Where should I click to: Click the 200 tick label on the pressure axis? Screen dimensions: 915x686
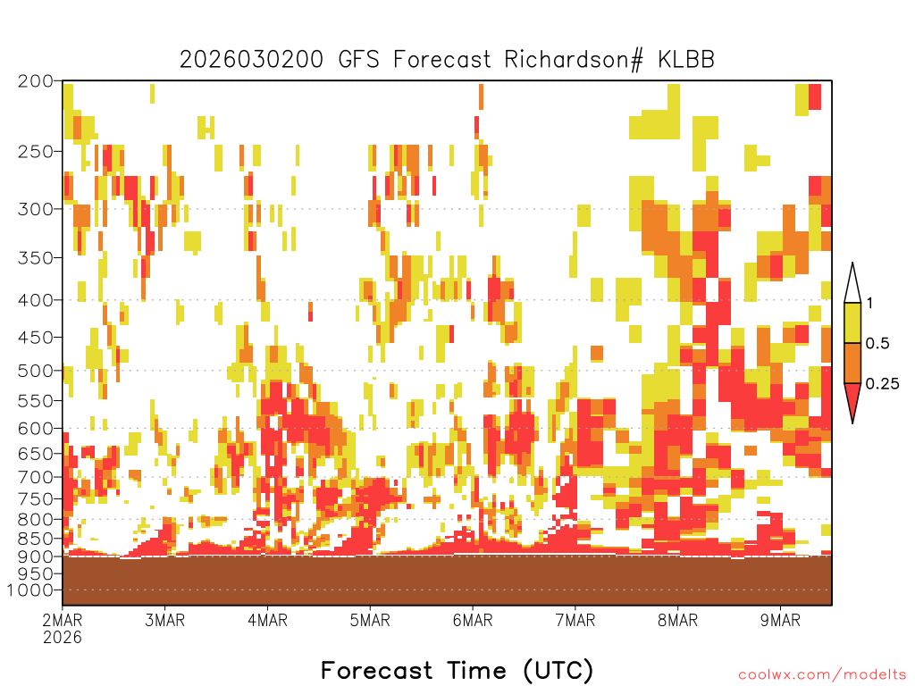click(x=35, y=81)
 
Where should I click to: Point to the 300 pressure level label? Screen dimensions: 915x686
click(x=35, y=209)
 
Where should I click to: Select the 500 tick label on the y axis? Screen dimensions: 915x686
click(x=35, y=371)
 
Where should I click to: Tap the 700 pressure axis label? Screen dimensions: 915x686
click(x=35, y=477)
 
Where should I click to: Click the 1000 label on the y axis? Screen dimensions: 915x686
click(x=30, y=590)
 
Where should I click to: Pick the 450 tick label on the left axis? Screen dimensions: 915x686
click(x=35, y=337)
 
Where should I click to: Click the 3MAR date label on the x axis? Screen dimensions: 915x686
click(x=165, y=620)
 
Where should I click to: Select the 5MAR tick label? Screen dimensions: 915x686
click(x=370, y=620)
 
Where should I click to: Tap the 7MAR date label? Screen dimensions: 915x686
click(x=575, y=620)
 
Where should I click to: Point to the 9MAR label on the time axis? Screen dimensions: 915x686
click(x=781, y=620)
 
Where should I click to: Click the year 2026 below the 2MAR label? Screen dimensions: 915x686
click(x=63, y=637)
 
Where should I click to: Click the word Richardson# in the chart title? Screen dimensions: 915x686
click(x=574, y=60)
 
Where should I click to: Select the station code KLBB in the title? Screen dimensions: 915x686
click(x=686, y=60)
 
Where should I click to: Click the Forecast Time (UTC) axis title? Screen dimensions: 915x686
click(x=457, y=670)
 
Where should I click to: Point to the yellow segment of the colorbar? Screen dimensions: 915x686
click(x=852, y=322)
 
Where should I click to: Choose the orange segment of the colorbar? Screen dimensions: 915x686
click(x=852, y=363)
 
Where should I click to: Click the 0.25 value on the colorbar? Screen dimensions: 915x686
click(x=882, y=383)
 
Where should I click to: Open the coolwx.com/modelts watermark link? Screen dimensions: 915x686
click(x=823, y=674)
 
